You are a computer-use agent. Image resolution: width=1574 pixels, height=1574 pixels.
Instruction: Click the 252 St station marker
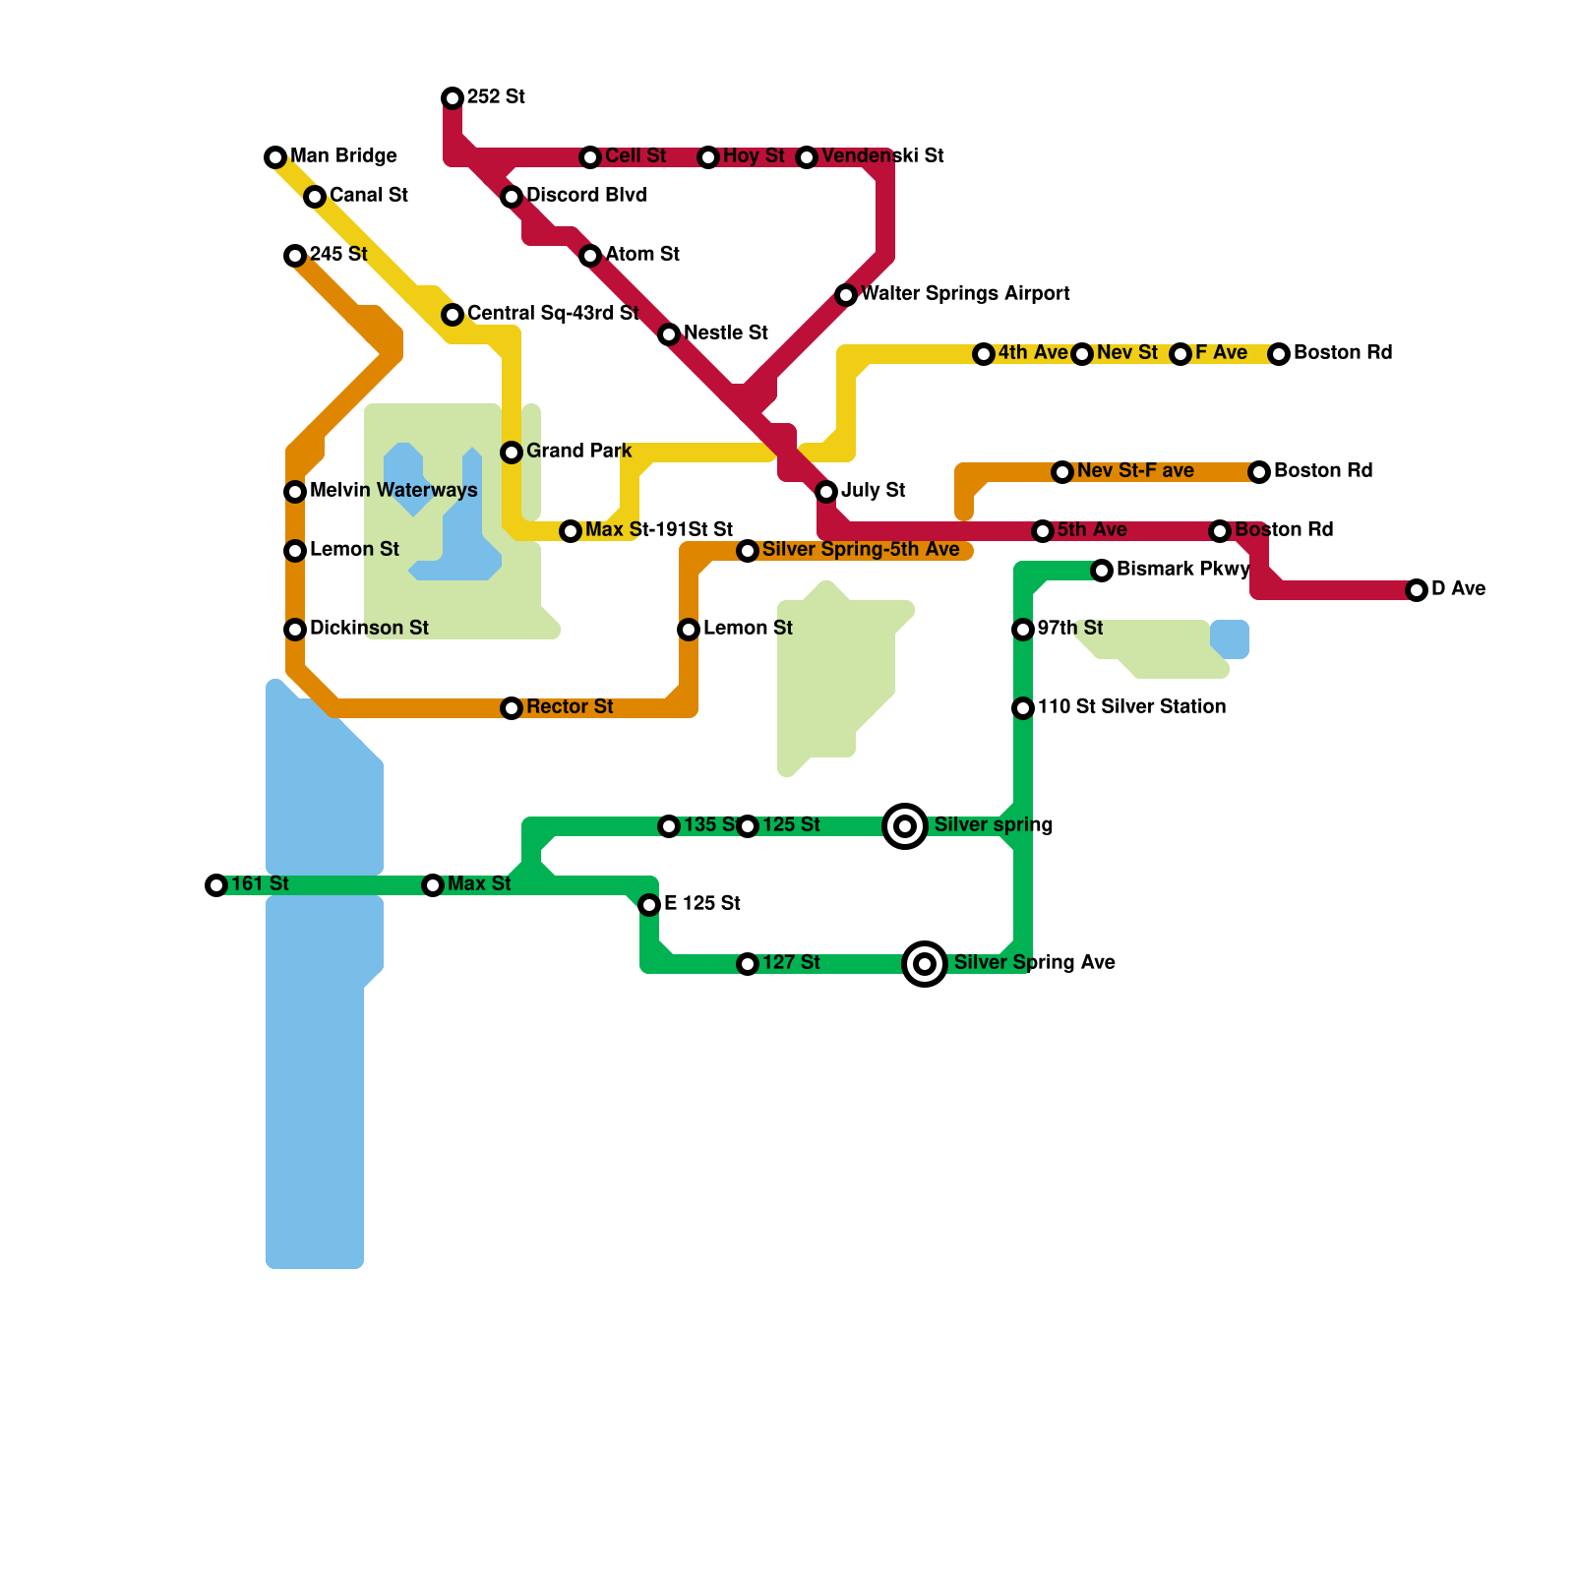click(453, 97)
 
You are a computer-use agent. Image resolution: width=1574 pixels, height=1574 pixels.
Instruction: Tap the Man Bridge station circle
click(275, 156)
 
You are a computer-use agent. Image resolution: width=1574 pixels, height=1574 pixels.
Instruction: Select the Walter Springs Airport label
click(965, 293)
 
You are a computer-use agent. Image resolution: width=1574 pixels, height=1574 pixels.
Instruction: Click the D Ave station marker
click(1417, 589)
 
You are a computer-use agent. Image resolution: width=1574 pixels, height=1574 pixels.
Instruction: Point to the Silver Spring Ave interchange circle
click(925, 963)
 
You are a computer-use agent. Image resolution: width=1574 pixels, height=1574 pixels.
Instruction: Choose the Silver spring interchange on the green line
click(905, 825)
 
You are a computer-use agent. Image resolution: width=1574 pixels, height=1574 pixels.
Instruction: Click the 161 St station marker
click(216, 884)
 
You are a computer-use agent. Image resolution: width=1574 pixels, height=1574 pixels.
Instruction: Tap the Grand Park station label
click(578, 451)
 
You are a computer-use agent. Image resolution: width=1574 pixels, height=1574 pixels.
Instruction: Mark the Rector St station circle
click(512, 707)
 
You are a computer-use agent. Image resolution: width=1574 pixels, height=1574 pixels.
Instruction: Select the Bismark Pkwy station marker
click(1102, 570)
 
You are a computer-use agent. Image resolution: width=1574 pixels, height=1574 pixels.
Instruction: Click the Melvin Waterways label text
click(393, 490)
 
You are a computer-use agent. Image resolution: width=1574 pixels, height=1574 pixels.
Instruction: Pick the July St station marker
click(826, 491)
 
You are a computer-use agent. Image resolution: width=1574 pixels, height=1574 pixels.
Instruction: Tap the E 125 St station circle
click(649, 904)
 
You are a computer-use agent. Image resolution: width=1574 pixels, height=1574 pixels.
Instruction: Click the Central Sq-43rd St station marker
click(453, 314)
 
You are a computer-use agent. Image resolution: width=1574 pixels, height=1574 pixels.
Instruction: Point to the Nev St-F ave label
click(1135, 470)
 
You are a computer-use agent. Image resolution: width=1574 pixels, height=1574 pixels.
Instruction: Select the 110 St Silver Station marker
click(1023, 707)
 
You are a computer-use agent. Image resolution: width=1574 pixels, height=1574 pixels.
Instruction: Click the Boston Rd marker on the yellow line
click(1279, 353)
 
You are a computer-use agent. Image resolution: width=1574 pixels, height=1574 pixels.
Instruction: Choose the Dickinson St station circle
click(295, 629)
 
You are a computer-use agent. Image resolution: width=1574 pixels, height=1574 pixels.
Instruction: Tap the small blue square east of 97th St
click(1230, 639)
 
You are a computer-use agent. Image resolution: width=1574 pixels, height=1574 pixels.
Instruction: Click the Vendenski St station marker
click(807, 156)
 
